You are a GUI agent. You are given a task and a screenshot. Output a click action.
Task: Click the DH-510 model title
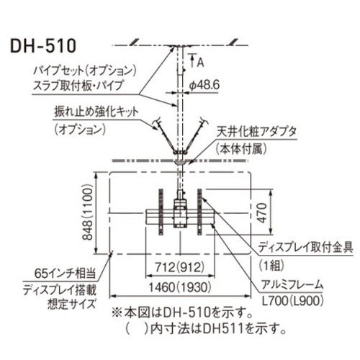point(43,46)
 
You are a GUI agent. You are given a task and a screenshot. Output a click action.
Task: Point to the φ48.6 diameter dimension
point(204,85)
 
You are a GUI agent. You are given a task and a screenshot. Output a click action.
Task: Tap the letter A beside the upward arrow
point(201,63)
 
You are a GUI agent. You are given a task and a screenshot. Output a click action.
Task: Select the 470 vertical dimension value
point(262,212)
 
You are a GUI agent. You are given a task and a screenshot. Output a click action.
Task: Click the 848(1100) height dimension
point(87,212)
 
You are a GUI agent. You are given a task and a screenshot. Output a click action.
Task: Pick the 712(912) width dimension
point(180,267)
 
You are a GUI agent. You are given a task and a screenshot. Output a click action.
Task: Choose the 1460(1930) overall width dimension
point(180,287)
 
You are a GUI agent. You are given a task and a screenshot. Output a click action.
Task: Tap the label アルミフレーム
point(292,285)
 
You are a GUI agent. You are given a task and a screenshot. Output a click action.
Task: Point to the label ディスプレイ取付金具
point(305,247)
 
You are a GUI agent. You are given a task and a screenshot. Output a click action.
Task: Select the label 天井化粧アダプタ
point(256,132)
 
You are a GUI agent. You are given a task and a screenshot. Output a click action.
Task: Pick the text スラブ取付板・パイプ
point(78,85)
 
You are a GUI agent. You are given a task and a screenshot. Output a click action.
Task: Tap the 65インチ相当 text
point(65,273)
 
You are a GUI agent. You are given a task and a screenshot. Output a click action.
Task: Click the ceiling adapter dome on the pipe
point(180,162)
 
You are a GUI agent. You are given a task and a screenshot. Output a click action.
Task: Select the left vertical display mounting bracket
point(161,212)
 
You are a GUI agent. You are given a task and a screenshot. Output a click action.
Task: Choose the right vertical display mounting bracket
point(199,212)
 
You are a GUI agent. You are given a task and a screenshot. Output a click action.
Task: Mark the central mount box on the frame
point(180,213)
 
